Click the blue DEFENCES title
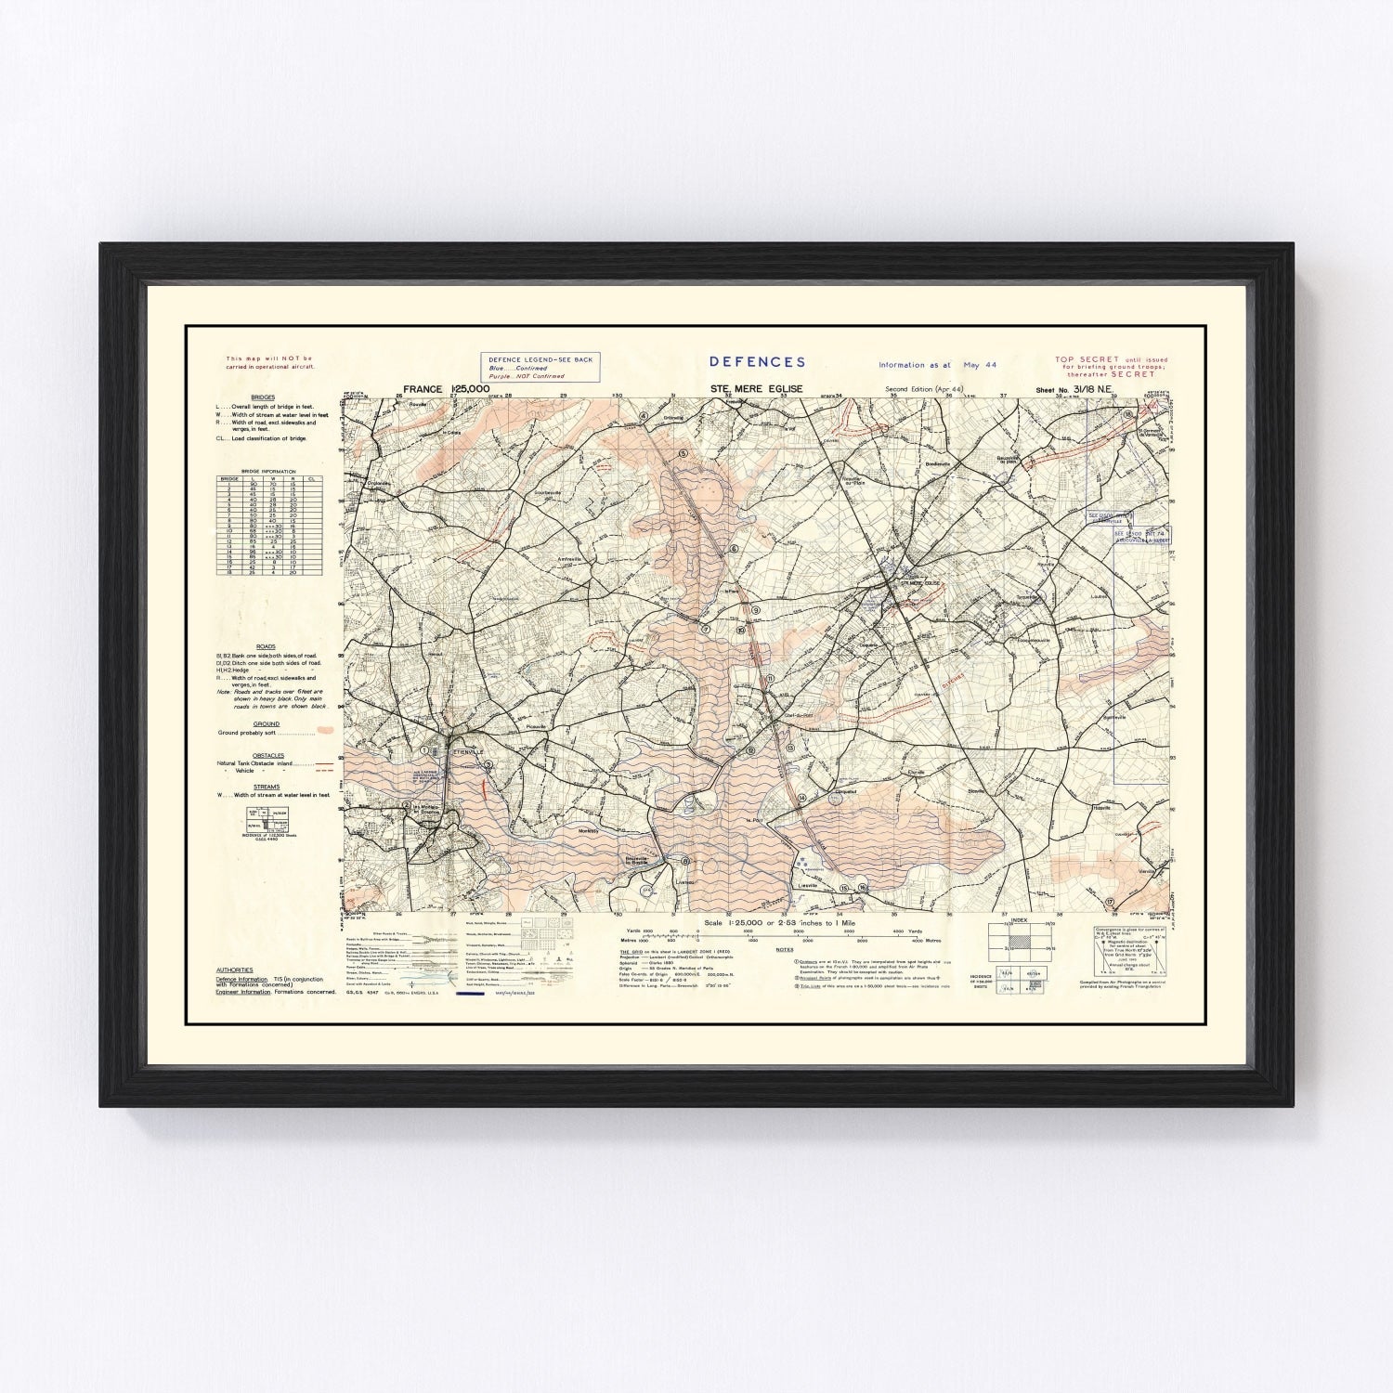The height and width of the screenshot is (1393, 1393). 757,362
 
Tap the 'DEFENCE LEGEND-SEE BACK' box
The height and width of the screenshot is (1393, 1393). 540,367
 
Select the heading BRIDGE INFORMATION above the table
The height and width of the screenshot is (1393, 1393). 268,472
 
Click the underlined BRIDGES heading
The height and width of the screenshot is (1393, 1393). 263,397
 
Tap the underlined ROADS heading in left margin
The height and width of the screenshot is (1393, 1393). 266,646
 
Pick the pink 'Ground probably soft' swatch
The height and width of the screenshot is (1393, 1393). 324,732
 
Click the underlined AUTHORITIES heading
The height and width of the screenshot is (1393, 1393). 234,970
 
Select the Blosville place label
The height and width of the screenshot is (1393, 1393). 975,790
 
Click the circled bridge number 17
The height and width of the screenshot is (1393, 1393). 1110,902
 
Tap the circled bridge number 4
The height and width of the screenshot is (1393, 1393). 643,415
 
